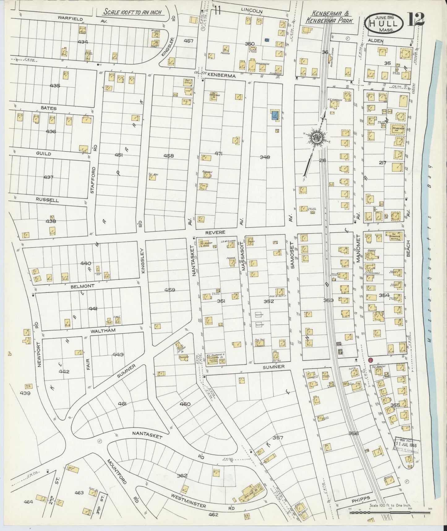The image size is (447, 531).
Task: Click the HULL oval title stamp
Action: click(x=384, y=23)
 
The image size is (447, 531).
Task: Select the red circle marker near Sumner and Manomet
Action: click(x=371, y=360)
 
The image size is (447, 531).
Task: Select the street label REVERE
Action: click(x=217, y=232)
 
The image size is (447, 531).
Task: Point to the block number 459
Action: click(x=170, y=290)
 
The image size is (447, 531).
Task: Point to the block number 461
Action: click(x=122, y=404)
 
